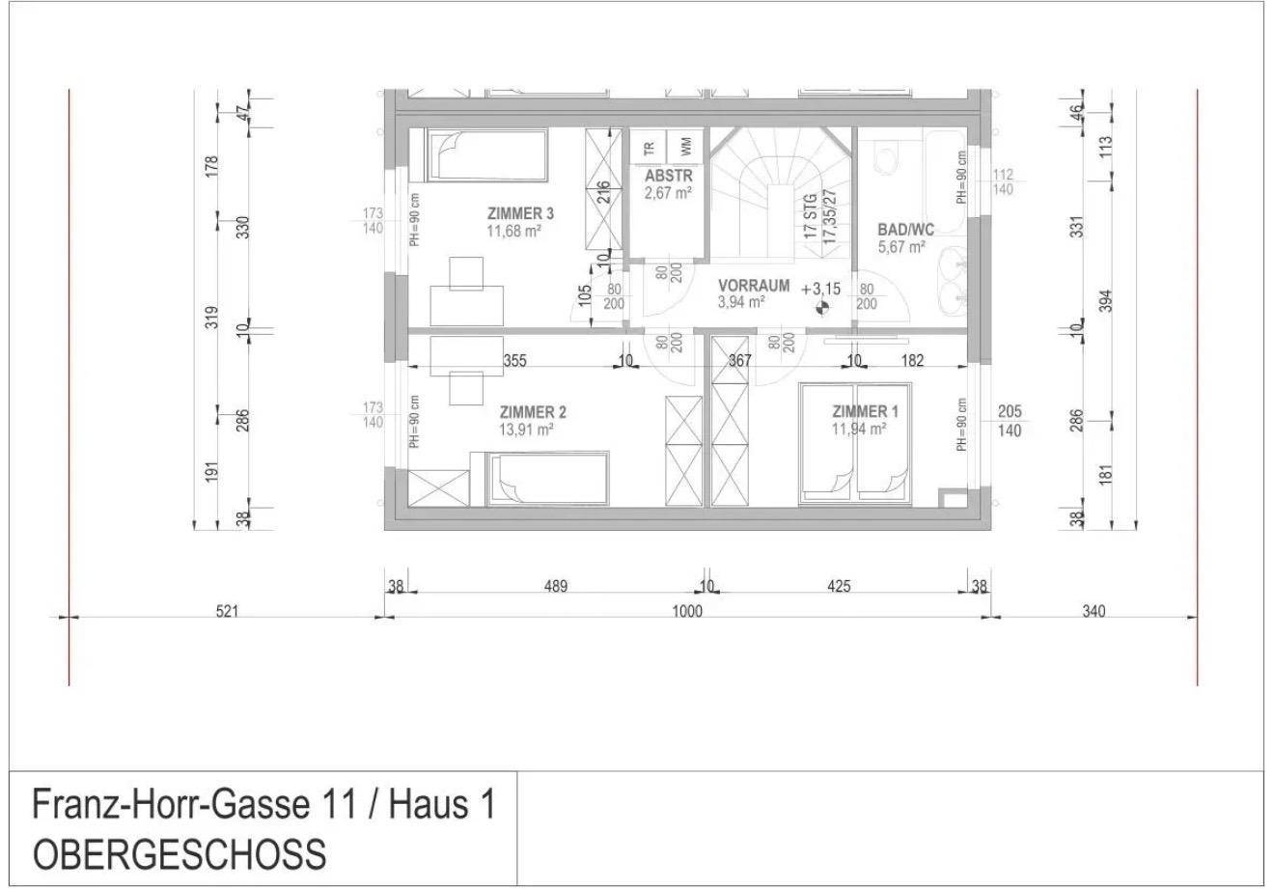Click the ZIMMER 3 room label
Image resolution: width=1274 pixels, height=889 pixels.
[x=520, y=214]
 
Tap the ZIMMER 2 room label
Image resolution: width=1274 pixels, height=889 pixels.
[x=533, y=412]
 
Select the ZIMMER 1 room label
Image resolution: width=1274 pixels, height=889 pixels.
[x=865, y=411]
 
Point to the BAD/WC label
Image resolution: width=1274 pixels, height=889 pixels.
[x=905, y=230]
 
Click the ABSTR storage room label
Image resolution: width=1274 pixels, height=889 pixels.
[x=669, y=175]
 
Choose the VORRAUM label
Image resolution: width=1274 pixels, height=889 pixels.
[x=754, y=285]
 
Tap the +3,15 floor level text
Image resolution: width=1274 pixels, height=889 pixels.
[x=820, y=289]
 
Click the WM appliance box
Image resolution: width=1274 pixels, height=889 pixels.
[x=685, y=147]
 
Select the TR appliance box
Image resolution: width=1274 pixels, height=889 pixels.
[x=649, y=147]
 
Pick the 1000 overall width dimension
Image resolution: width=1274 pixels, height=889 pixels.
[x=687, y=611]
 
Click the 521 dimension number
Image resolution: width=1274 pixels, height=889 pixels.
[x=227, y=611]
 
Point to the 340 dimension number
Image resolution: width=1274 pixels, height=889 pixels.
[x=1094, y=611]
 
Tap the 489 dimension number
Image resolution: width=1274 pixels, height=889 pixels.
[x=556, y=587]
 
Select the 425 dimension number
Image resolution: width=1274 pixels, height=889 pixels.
[x=839, y=587]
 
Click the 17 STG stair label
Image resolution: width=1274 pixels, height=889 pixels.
[x=811, y=216]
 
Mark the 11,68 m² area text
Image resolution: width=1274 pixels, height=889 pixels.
[x=513, y=231]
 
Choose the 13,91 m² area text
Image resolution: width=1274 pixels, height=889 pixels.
[x=526, y=430]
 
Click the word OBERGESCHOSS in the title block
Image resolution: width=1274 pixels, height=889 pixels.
[x=180, y=855]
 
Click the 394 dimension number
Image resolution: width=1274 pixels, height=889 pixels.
[x=1105, y=301]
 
